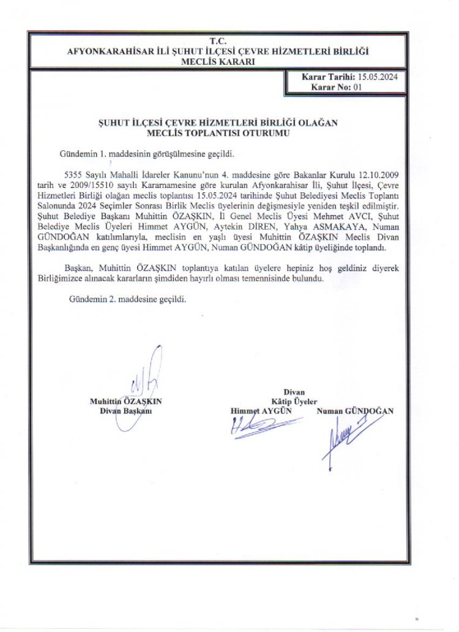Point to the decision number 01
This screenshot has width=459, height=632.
[358, 87]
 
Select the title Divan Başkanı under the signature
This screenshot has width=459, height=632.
[126, 411]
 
